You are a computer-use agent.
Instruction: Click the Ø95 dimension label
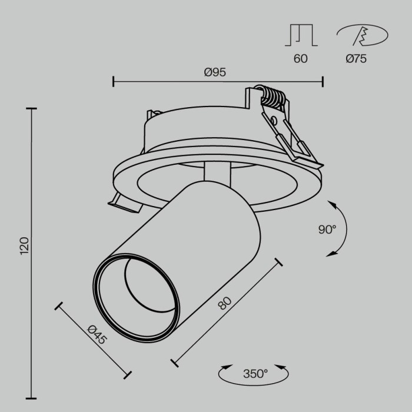coord(215,72)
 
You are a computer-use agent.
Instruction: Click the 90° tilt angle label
coord(327,230)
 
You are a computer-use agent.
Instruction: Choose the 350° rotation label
coord(255,373)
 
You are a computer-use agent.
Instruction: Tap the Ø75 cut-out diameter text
coord(357,58)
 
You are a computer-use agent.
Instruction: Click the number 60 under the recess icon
coord(300,58)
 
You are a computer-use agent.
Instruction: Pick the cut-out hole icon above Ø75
coord(361,36)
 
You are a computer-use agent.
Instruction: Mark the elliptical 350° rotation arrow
coord(254,373)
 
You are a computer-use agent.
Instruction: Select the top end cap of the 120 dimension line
coord(31,109)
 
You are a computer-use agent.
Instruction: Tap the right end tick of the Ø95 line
coord(322,81)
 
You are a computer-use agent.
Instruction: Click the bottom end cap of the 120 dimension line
coord(31,397)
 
